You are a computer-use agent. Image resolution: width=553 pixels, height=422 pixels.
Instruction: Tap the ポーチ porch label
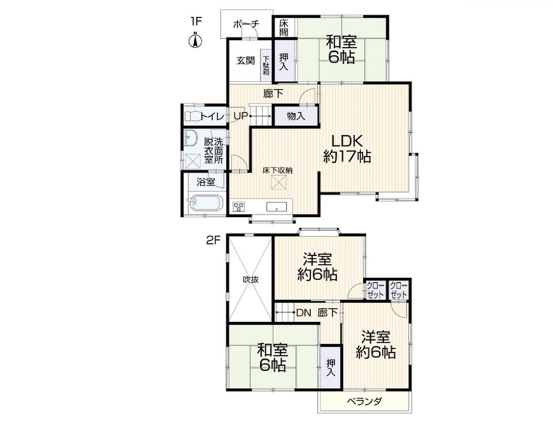246,24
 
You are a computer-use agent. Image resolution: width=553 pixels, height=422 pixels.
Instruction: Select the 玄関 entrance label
246,60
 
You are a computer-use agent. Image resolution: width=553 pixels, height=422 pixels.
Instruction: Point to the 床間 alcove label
284,28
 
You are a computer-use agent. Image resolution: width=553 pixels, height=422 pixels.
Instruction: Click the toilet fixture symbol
192,116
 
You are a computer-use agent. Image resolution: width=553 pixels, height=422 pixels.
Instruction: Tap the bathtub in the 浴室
206,203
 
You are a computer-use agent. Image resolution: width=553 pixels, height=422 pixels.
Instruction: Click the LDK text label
346,141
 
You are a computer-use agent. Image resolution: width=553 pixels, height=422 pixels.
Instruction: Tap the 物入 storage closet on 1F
295,116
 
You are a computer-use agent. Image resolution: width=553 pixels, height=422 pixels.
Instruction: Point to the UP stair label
241,116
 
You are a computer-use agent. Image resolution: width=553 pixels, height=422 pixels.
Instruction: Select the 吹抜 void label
250,280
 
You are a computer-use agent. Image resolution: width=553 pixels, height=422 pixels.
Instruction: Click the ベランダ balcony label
364,402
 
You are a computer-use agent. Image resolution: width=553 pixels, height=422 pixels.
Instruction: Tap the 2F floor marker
213,241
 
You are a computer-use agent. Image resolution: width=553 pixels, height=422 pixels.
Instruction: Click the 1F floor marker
196,21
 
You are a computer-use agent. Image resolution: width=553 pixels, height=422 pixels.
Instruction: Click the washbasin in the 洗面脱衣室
191,138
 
